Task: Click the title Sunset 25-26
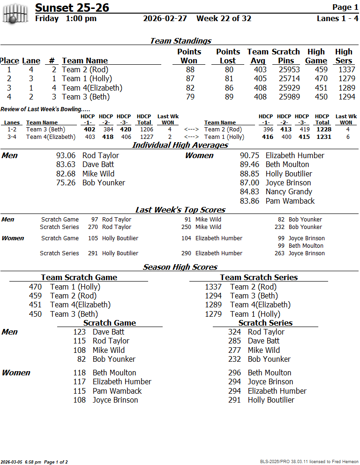(x=72, y=8)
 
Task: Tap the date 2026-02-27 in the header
(x=165, y=19)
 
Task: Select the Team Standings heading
(x=180, y=41)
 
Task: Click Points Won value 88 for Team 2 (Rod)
(x=190, y=70)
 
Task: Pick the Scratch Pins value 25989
(x=289, y=97)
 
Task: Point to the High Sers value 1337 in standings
(x=344, y=70)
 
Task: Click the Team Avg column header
(x=257, y=56)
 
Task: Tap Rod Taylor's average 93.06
(x=66, y=156)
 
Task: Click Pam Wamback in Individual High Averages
(x=290, y=201)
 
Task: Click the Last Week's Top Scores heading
(x=180, y=210)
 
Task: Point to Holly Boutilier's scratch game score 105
(x=93, y=238)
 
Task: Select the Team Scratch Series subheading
(x=259, y=277)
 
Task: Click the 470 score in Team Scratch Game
(x=35, y=287)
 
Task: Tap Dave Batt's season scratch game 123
(x=79, y=332)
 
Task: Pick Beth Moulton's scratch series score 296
(x=234, y=373)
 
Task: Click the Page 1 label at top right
(x=345, y=7)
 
